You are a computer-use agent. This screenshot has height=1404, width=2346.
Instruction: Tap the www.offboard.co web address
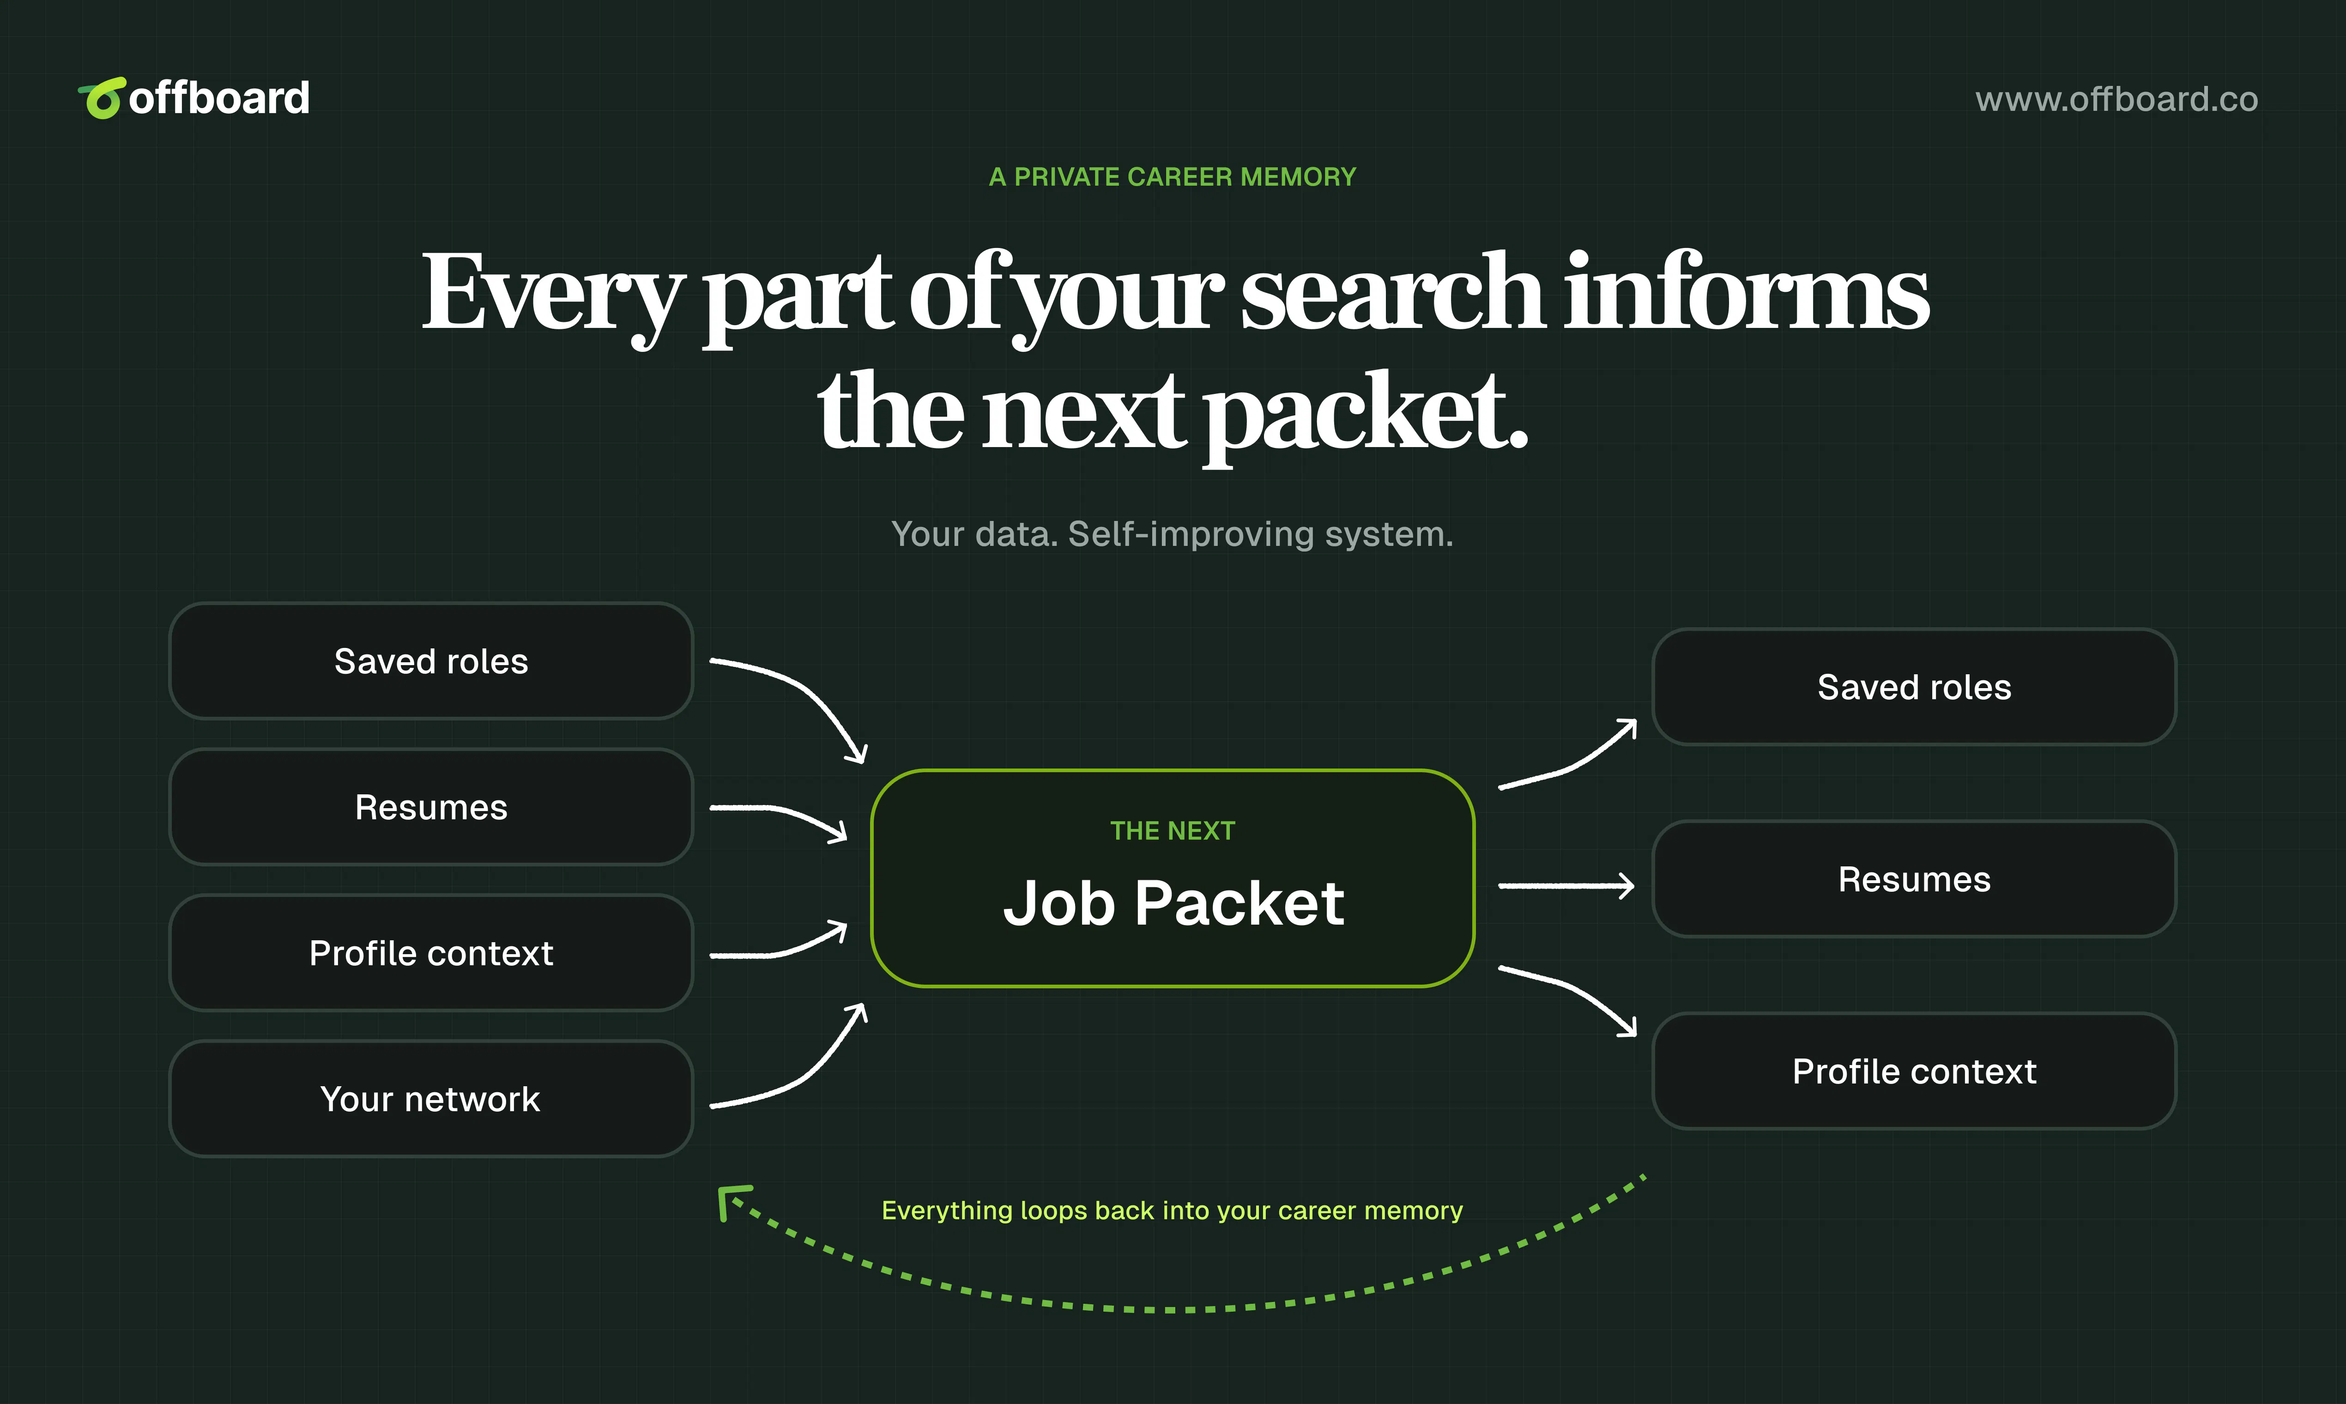2116,99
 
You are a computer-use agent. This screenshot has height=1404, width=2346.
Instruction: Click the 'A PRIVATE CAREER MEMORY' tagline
1172,177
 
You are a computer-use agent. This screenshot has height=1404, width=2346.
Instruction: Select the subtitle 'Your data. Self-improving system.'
1172,534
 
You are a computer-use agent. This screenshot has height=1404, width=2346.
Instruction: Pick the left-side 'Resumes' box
431,807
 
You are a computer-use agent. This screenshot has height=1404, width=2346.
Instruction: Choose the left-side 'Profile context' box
431,953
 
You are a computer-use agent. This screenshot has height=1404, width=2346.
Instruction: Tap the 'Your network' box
431,1098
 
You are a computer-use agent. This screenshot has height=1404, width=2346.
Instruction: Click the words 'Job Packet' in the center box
1173,903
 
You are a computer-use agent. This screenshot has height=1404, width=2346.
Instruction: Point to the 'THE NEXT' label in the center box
1173,831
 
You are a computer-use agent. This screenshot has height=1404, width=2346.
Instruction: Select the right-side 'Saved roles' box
1915,687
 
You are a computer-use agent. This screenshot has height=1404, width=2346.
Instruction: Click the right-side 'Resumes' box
1915,879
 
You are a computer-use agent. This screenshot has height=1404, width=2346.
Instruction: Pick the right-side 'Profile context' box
1915,1071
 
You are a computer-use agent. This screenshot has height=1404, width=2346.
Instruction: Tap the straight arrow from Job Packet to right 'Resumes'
1566,885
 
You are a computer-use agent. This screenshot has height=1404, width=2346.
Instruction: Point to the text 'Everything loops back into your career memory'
1172,1211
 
